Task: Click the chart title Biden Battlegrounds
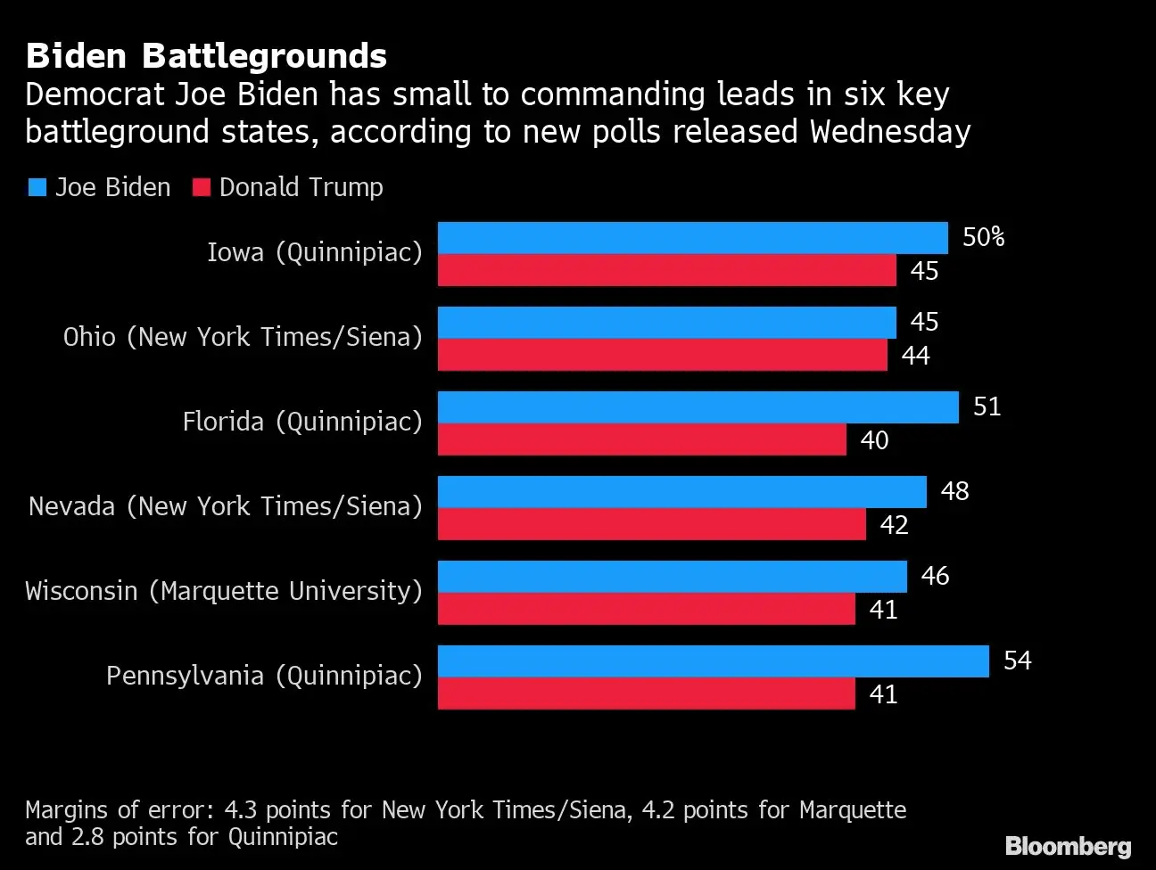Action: click(206, 56)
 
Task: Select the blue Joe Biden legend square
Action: click(37, 187)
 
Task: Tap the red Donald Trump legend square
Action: click(202, 187)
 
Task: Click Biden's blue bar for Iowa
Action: click(692, 238)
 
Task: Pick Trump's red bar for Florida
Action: click(641, 439)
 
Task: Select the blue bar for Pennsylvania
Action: click(713, 661)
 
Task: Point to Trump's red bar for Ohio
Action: click(662, 355)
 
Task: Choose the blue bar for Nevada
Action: click(681, 492)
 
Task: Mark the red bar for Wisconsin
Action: click(646, 609)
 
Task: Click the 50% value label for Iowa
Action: click(983, 237)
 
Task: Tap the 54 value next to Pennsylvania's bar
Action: click(1017, 661)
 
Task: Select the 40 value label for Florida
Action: click(874, 440)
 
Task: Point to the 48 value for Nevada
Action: click(954, 491)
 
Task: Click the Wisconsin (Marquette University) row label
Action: click(223, 591)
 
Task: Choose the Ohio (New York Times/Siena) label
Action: click(242, 337)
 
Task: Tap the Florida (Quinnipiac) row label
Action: click(301, 422)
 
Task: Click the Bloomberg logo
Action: click(1068, 846)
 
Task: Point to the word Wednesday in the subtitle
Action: click(889, 132)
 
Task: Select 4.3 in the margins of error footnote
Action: click(241, 809)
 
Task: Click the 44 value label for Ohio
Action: click(915, 356)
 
